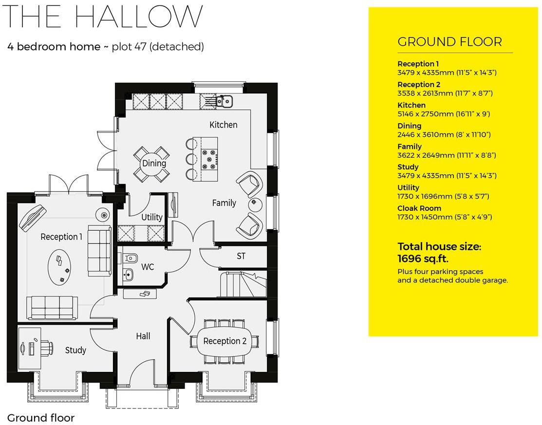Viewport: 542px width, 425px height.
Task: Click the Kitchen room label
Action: point(223,125)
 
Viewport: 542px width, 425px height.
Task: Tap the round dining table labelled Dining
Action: point(154,164)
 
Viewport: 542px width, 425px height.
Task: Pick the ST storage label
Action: point(241,256)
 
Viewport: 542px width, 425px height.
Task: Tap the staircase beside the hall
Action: point(242,285)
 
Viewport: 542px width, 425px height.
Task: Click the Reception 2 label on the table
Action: point(225,341)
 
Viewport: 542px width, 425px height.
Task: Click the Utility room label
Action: point(151,217)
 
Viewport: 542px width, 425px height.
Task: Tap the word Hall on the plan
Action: point(143,336)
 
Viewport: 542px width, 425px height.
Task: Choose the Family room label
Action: point(224,203)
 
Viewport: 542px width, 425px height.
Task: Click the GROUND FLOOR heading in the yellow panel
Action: point(449,42)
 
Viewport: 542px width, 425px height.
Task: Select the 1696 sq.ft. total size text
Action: point(423,259)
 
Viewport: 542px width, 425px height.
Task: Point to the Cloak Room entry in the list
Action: point(419,208)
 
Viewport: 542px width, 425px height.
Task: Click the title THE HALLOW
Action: point(103,17)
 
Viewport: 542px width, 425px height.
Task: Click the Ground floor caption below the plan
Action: point(41,418)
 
